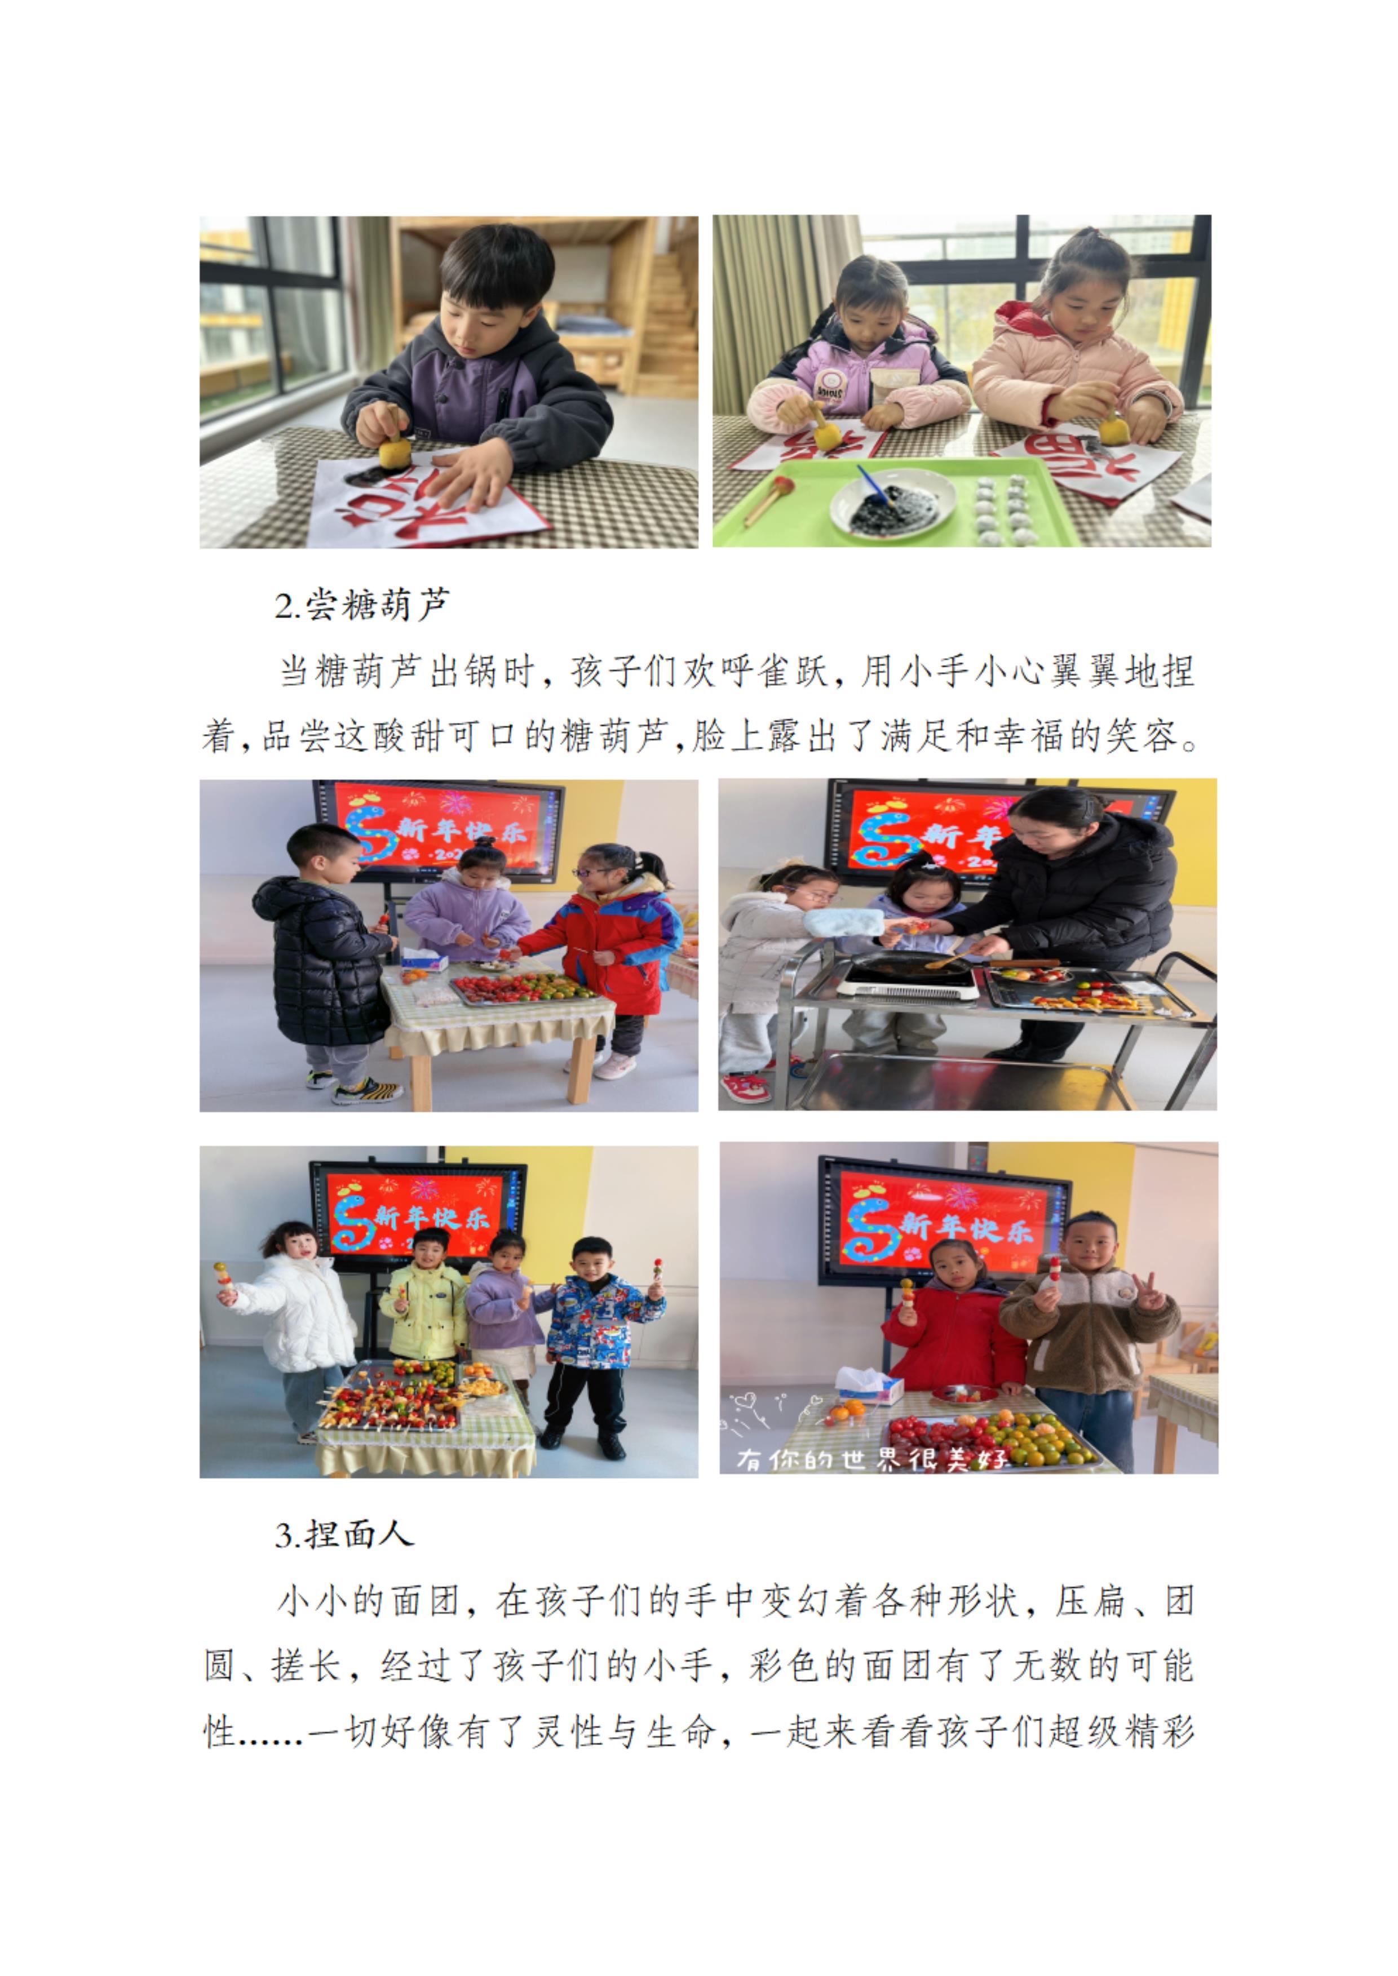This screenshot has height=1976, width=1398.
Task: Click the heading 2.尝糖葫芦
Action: tap(361, 605)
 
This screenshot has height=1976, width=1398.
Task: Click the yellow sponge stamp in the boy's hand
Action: tap(395, 449)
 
